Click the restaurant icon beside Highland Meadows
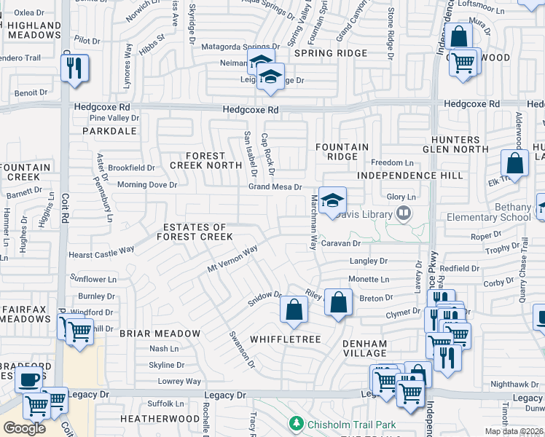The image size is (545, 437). click(74, 68)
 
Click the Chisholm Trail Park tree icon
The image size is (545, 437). click(295, 423)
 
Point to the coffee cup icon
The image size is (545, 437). click(29, 379)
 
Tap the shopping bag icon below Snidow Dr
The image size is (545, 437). click(293, 310)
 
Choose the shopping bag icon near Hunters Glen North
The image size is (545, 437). click(514, 164)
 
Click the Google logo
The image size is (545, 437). click(24, 428)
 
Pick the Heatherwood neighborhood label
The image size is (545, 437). click(160, 419)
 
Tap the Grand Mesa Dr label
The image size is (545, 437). click(275, 187)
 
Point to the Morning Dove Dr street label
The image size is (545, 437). click(147, 185)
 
